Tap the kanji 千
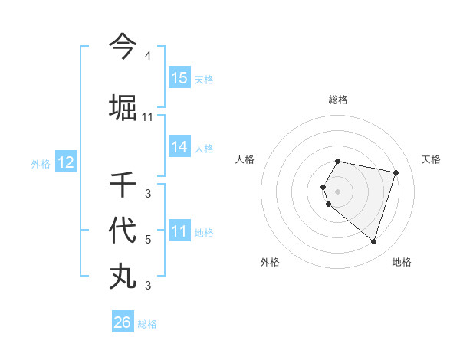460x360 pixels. (123, 184)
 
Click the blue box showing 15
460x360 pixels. (179, 78)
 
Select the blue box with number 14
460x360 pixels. (179, 148)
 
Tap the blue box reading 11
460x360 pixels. (179, 232)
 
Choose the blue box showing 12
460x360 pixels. (66, 162)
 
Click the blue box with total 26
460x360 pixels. (123, 322)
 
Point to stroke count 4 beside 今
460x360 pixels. (148, 56)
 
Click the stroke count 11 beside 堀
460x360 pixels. (148, 117)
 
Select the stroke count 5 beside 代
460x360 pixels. (148, 240)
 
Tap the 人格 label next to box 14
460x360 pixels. (204, 149)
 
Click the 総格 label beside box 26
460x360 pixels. (147, 324)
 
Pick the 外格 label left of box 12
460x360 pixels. (41, 163)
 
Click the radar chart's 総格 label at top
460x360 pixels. (338, 100)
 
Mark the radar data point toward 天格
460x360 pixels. (396, 172)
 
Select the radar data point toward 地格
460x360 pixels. (373, 241)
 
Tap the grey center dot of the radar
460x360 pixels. (338, 191)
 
